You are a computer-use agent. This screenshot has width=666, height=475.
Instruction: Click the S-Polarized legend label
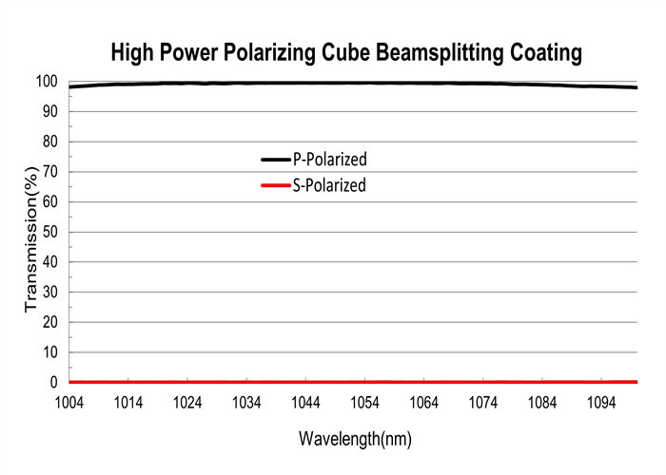tap(329, 185)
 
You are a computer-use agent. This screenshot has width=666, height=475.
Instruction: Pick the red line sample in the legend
tap(275, 185)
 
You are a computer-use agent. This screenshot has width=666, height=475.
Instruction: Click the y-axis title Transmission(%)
tap(30, 236)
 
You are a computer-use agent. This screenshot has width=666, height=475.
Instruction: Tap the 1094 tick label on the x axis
tap(601, 403)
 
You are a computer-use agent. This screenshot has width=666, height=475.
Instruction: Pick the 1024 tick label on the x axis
tap(187, 403)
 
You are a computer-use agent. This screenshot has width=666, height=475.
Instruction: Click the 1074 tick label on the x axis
tap(483, 403)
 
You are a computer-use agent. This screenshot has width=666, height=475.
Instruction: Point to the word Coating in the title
tap(543, 53)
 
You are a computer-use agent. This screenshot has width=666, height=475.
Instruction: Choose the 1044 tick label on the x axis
tap(305, 403)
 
